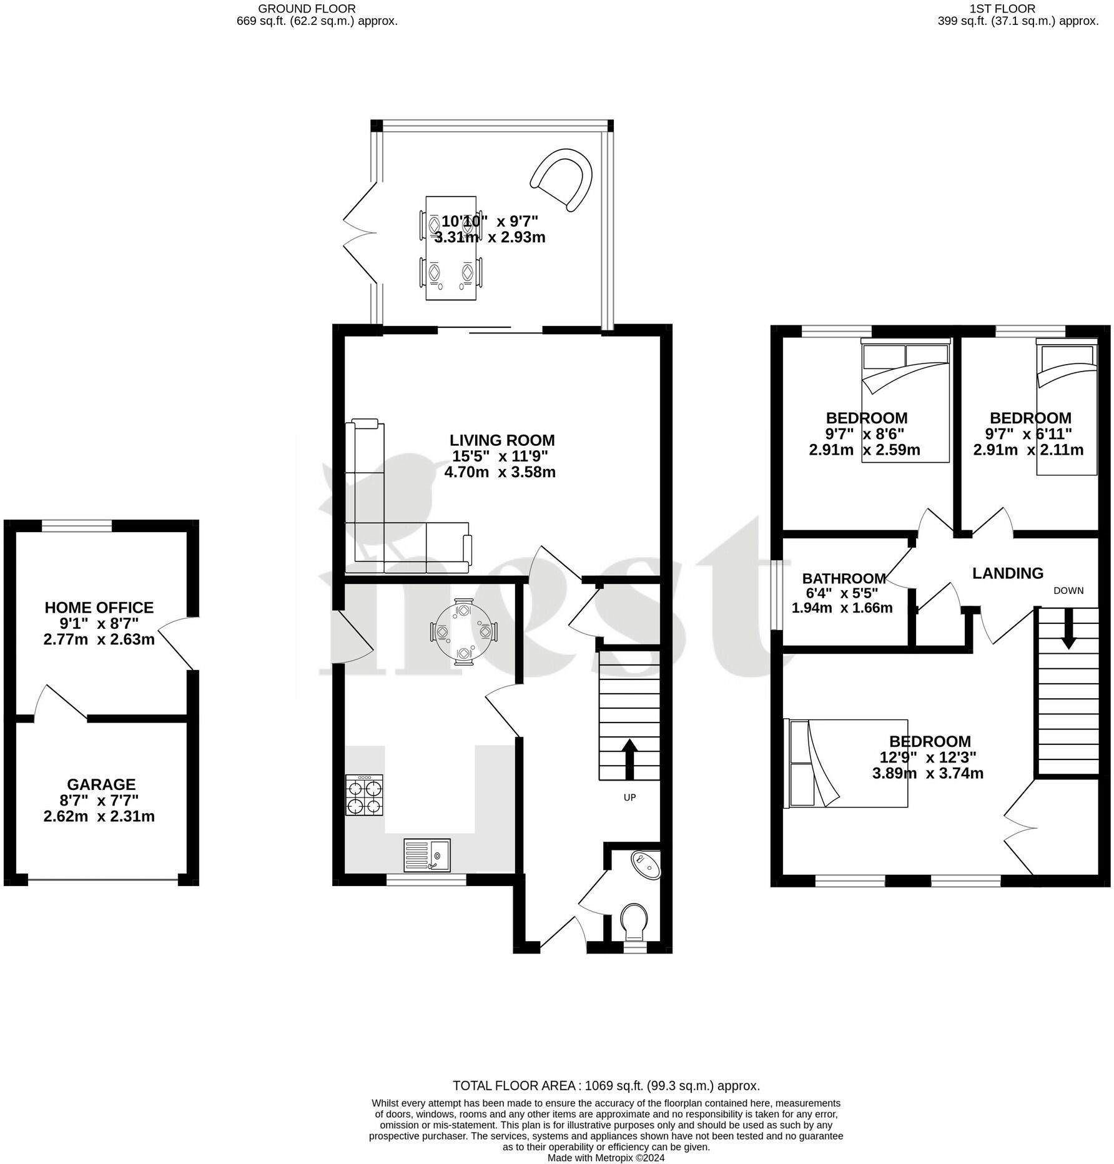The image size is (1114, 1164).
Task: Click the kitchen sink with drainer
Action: coord(427,855)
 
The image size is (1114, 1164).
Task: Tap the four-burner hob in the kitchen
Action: coord(364,796)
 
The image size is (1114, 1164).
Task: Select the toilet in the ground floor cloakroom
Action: coord(634,921)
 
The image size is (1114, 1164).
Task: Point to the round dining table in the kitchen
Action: coord(463,632)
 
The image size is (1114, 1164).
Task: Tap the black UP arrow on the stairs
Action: coord(629,759)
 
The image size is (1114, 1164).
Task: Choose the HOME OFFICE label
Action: coord(99,608)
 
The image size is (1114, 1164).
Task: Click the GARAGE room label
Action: coord(101,784)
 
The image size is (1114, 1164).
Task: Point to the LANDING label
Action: coord(1008,573)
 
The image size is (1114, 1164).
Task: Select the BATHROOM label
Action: coord(844,578)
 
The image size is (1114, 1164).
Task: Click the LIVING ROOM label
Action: coord(502,440)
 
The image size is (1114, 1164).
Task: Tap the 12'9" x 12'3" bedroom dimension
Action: coord(929,757)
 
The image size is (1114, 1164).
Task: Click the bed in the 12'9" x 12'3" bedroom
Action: coord(846,763)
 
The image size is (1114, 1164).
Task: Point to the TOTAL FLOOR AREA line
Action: coord(606,1085)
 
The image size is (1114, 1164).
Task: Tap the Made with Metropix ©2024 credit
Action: coord(606,1157)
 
